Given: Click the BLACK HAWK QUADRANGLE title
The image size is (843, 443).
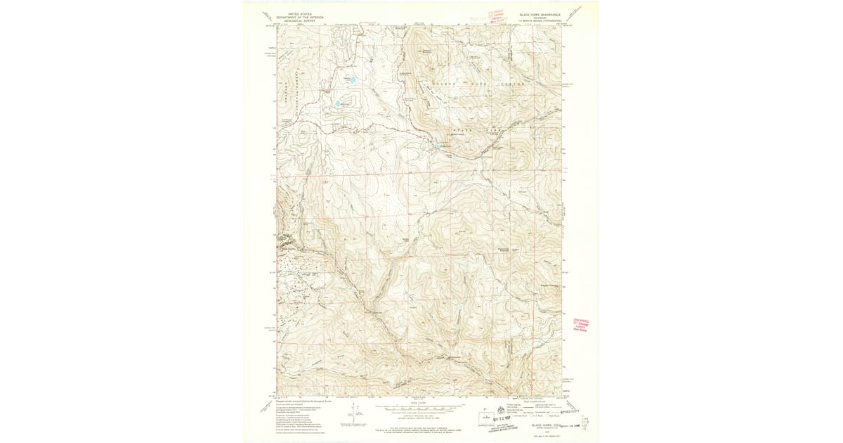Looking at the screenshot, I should [539, 14].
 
